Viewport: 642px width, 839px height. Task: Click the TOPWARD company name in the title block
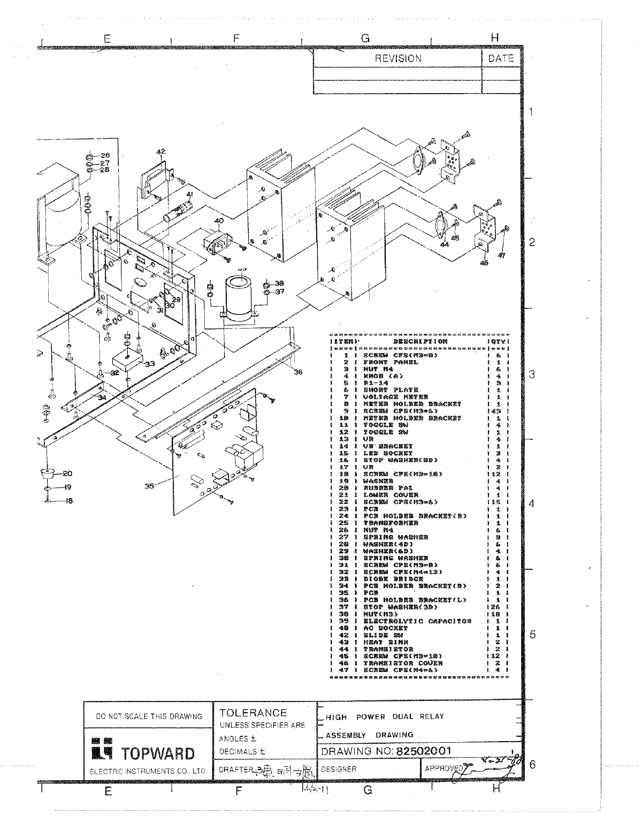158,754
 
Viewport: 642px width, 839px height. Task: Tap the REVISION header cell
398,59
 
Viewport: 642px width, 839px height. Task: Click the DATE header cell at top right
501,59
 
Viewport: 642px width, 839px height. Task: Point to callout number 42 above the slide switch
160,151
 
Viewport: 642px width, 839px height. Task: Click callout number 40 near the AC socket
219,220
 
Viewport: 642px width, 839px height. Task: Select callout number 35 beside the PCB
149,486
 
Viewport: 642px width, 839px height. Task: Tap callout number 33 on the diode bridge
149,363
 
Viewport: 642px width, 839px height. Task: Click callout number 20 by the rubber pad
67,473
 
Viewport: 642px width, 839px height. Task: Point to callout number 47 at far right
501,256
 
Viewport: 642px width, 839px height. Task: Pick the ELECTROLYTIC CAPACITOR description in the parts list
417,621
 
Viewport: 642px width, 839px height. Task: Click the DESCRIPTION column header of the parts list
421,341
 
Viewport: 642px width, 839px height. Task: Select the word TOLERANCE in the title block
253,713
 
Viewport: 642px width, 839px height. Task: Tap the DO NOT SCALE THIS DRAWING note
148,716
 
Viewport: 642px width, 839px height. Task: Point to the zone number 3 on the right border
531,374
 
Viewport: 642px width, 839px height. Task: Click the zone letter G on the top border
365,38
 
